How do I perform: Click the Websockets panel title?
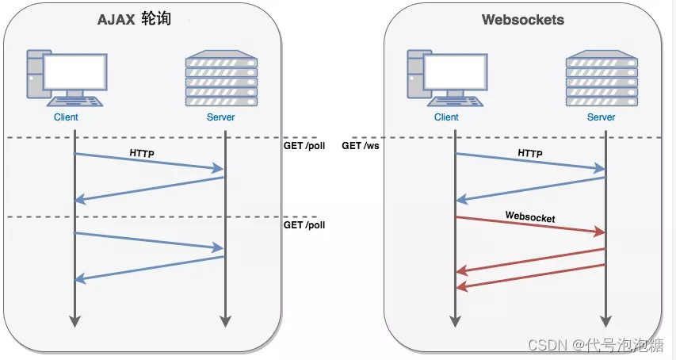tap(523, 20)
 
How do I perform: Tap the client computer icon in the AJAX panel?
tap(66, 78)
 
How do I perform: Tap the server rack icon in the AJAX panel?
tap(221, 78)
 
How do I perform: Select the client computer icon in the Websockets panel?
tap(446, 78)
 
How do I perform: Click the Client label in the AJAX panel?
tap(66, 117)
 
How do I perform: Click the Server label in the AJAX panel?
tap(220, 117)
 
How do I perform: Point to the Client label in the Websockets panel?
tap(446, 117)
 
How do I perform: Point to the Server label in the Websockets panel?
tap(601, 117)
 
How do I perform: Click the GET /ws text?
tap(361, 146)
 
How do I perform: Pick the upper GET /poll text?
tap(304, 146)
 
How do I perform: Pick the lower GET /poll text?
tap(304, 225)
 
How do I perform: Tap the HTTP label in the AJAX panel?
tap(142, 151)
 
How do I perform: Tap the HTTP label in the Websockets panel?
tap(529, 152)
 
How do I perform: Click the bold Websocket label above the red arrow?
tap(529, 216)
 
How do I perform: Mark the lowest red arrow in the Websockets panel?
tap(531, 276)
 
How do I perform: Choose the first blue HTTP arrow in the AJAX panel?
tap(149, 161)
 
